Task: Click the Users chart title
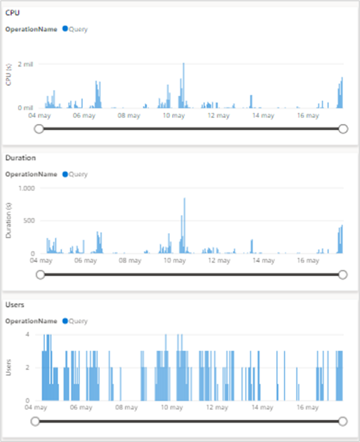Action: point(15,304)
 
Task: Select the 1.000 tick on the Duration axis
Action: point(27,188)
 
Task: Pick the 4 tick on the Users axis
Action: point(36,334)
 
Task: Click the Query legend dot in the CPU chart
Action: point(65,29)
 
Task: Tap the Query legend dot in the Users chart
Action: point(65,321)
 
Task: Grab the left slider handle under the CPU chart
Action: point(39,128)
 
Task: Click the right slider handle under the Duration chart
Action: point(342,274)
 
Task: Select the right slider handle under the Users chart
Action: point(342,421)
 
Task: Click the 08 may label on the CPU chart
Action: point(128,116)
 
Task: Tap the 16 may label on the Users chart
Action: point(307,408)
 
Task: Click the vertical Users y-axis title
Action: point(9,367)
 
